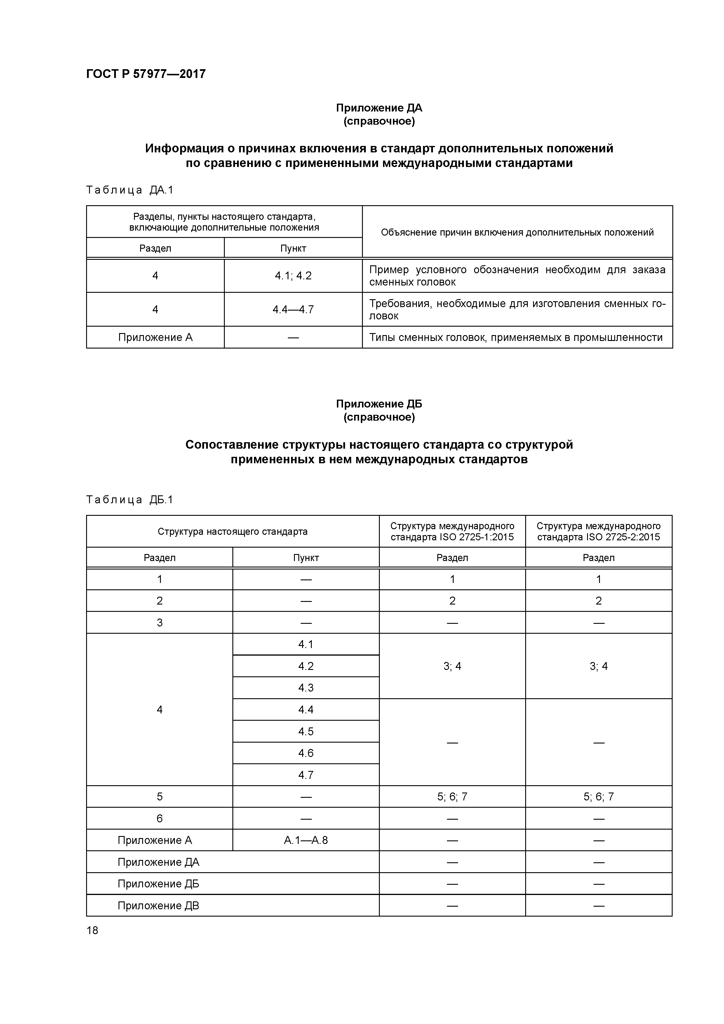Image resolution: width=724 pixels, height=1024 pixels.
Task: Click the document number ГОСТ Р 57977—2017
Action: (146, 74)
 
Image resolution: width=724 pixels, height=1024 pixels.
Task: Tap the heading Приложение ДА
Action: (379, 108)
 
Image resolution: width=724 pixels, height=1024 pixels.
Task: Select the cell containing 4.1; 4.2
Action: (293, 276)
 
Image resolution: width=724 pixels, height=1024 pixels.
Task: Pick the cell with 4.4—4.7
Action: (293, 309)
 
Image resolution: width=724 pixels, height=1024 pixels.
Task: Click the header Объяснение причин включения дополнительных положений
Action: (517, 232)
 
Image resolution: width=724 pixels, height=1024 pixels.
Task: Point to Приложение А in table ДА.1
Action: (155, 337)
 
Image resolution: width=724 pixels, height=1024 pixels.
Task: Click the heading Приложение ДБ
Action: (379, 404)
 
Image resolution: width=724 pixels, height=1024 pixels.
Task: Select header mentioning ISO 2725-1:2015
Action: (452, 531)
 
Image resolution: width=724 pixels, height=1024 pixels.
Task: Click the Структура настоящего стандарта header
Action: (232, 531)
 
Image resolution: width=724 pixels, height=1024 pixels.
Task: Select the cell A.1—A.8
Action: (306, 840)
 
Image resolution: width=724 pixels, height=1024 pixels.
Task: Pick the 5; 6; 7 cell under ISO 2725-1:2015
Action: (452, 797)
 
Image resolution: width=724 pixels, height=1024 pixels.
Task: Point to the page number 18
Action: (92, 930)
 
